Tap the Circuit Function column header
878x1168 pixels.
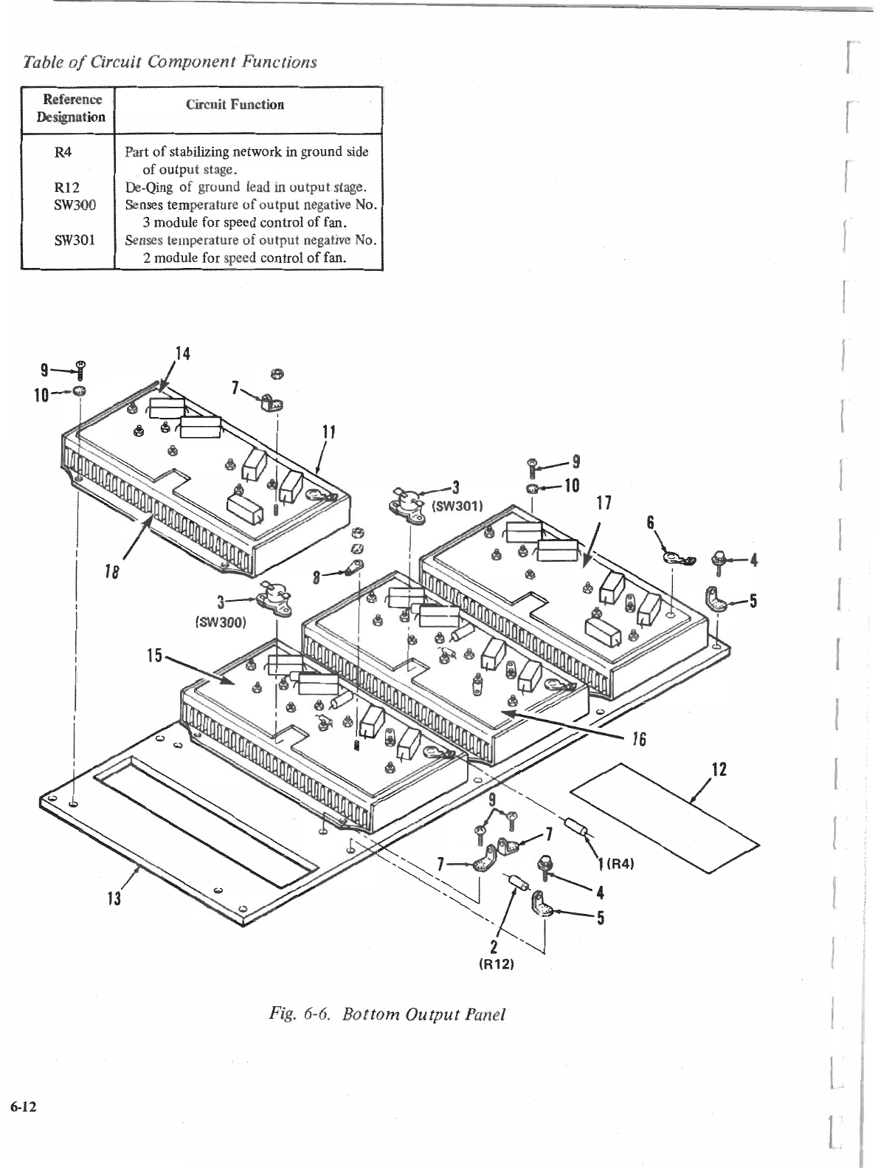(235, 105)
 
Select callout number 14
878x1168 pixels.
(182, 354)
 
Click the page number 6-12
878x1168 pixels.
(24, 1106)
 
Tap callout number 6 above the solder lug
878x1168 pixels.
(650, 521)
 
